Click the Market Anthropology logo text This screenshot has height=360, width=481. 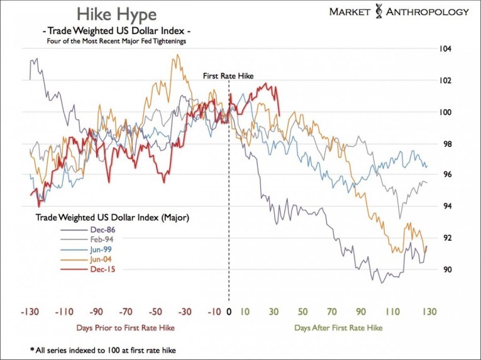click(399, 11)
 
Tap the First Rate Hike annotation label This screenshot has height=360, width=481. click(228, 75)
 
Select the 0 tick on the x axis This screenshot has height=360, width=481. click(229, 312)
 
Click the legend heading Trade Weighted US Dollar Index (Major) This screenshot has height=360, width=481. click(113, 218)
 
